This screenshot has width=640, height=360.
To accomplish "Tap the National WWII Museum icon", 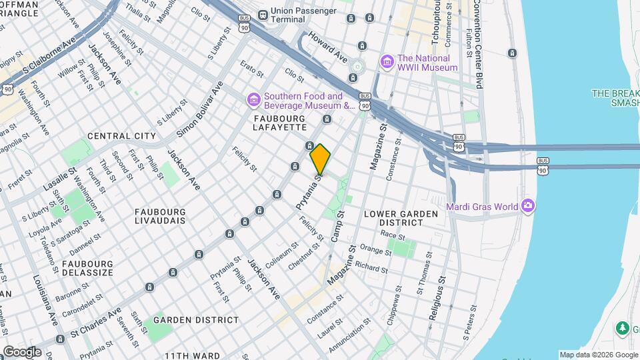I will tap(387, 62).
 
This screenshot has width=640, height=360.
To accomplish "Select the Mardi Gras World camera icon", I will tap(529, 205).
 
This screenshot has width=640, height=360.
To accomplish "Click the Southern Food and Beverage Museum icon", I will tap(253, 100).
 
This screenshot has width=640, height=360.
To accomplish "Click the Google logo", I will tap(21, 351).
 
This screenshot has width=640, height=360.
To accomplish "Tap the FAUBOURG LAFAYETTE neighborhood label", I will tap(280, 121).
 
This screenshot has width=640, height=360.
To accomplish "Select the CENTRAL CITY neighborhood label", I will tap(121, 136).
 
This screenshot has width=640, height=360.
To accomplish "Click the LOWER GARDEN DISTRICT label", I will tap(401, 218).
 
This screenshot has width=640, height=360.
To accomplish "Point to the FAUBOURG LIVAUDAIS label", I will tap(161, 217).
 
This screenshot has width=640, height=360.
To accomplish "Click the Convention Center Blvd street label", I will tap(478, 44).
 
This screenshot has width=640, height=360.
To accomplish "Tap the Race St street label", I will tap(393, 235).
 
